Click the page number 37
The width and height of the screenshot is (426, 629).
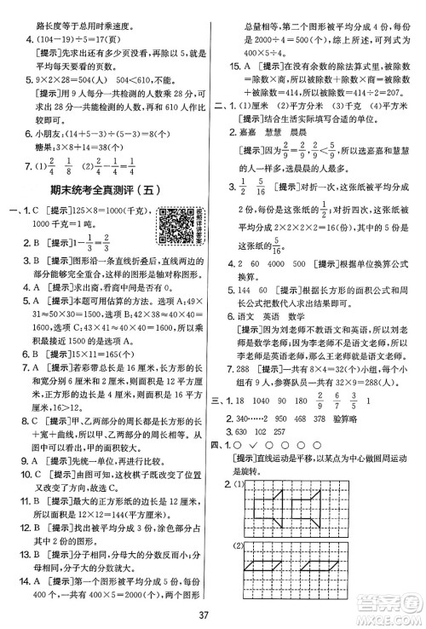coord(212,607)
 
